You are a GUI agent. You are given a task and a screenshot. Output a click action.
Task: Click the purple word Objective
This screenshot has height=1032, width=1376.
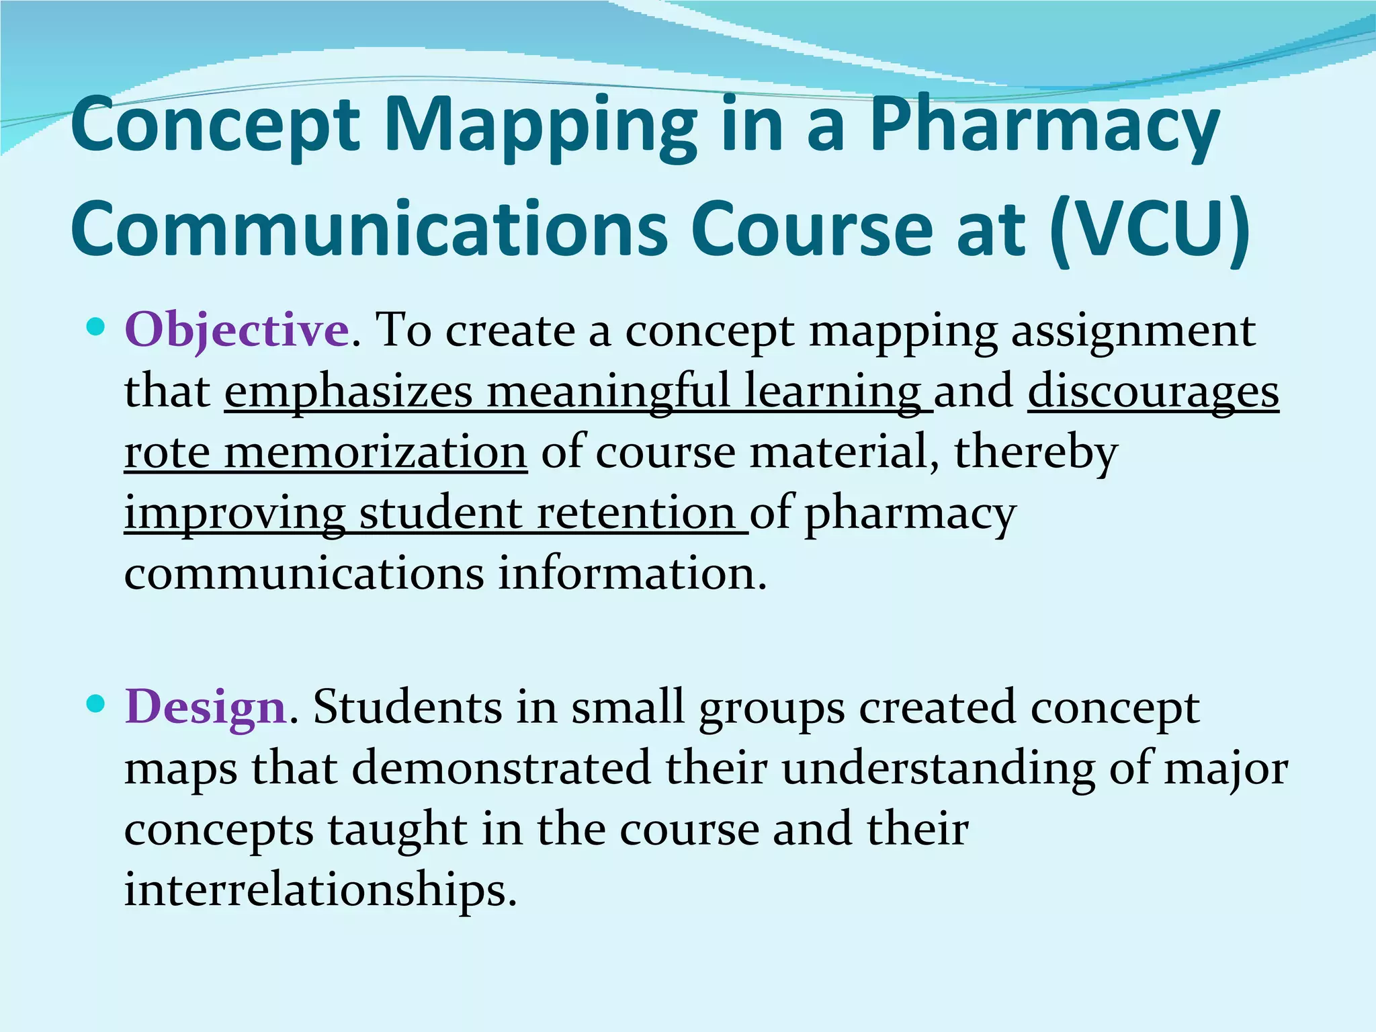(236, 331)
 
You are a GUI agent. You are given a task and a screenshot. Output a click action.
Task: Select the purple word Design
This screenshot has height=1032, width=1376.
(206, 707)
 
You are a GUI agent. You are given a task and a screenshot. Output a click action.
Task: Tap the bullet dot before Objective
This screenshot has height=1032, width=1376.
(97, 328)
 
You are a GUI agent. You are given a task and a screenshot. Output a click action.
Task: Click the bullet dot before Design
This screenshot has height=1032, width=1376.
(97, 704)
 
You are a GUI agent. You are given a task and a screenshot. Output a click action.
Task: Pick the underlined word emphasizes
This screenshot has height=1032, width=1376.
(348, 392)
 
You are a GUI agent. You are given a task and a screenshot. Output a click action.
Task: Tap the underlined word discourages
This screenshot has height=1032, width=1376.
(1153, 392)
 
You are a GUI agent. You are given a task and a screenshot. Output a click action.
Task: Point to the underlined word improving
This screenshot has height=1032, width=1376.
(234, 513)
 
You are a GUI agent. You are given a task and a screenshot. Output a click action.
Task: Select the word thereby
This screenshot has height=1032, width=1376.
(1036, 452)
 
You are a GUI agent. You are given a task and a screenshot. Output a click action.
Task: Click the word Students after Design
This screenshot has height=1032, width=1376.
(408, 707)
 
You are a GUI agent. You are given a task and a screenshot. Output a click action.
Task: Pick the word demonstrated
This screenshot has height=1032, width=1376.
(501, 768)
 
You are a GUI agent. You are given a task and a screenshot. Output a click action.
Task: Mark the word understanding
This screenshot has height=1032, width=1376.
(938, 768)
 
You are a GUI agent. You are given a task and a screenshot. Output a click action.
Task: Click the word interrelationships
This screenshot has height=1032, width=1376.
(320, 890)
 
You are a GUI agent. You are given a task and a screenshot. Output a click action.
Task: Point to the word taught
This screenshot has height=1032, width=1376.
(397, 829)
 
